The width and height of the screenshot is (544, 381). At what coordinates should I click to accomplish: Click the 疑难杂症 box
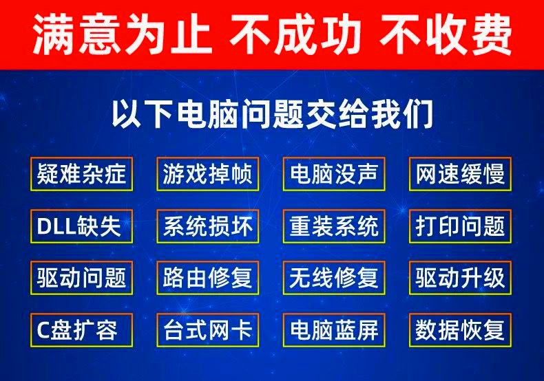[81, 174]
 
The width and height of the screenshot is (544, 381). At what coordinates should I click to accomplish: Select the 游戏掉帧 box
[207, 174]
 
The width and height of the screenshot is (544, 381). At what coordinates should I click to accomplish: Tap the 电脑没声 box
[334, 174]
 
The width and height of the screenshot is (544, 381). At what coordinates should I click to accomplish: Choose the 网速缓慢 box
[461, 174]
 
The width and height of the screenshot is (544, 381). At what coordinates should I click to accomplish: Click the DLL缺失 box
[81, 226]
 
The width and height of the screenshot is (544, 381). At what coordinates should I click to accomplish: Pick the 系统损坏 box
[207, 226]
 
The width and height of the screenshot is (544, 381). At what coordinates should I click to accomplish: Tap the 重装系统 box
[334, 226]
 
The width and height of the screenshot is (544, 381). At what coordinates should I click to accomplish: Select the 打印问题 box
[461, 226]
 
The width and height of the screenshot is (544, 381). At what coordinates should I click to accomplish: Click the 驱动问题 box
[81, 278]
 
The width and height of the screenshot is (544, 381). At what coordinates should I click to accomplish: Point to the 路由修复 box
[207, 278]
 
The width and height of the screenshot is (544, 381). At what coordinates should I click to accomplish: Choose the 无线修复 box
[334, 278]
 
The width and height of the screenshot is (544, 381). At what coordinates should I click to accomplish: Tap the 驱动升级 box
[461, 278]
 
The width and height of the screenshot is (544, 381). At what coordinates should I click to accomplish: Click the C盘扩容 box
[81, 329]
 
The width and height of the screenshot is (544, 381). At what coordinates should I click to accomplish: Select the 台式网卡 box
[207, 329]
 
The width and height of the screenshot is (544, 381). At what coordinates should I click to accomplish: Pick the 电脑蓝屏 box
[334, 329]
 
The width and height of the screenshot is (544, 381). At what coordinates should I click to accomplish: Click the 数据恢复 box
[461, 329]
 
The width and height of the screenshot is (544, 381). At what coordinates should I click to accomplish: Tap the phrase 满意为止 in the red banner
[122, 34]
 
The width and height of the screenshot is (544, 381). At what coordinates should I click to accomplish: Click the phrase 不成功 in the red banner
[295, 34]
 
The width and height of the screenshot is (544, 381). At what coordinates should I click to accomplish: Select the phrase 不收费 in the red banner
[446, 34]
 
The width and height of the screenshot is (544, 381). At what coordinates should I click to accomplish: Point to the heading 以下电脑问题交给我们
[273, 114]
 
